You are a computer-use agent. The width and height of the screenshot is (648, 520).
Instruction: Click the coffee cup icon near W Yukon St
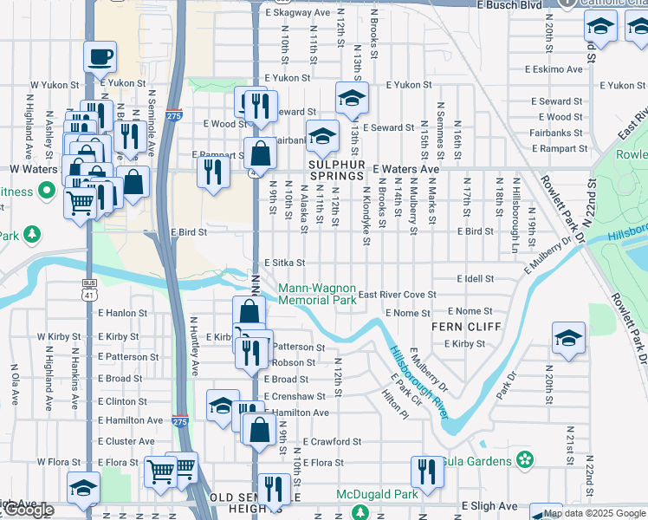[100, 57]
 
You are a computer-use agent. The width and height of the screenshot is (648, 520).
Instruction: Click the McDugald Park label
[377, 494]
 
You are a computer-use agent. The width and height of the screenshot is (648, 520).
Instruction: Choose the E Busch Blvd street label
[509, 5]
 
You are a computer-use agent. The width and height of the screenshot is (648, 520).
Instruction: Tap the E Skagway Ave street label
[298, 13]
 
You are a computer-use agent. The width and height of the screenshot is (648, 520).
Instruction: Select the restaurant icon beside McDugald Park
[425, 472]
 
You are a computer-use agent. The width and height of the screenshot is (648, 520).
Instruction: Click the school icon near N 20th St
[568, 338]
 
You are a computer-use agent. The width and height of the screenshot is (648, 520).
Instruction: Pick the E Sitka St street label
[285, 263]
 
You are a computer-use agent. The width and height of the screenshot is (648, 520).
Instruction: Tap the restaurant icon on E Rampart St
[211, 171]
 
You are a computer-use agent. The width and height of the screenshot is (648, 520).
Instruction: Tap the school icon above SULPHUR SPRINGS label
[322, 136]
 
